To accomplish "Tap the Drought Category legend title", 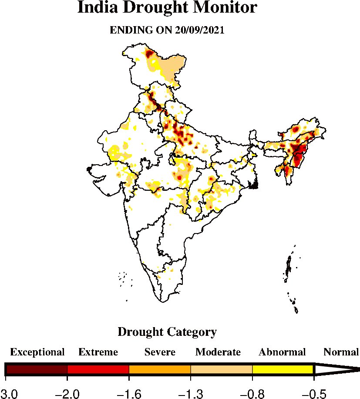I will click(x=167, y=332).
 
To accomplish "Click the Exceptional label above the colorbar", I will click(x=37, y=352).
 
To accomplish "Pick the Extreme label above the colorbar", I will click(x=98, y=352).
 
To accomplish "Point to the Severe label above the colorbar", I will click(x=160, y=352).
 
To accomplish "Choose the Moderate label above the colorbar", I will click(x=218, y=352).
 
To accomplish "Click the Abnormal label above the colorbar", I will click(x=282, y=352).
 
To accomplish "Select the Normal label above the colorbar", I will click(x=341, y=352).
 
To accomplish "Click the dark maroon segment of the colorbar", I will click(x=37, y=369).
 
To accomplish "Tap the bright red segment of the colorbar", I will click(x=98, y=369).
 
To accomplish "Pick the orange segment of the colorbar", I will click(x=160, y=369).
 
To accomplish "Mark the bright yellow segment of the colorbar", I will click(x=283, y=369).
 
